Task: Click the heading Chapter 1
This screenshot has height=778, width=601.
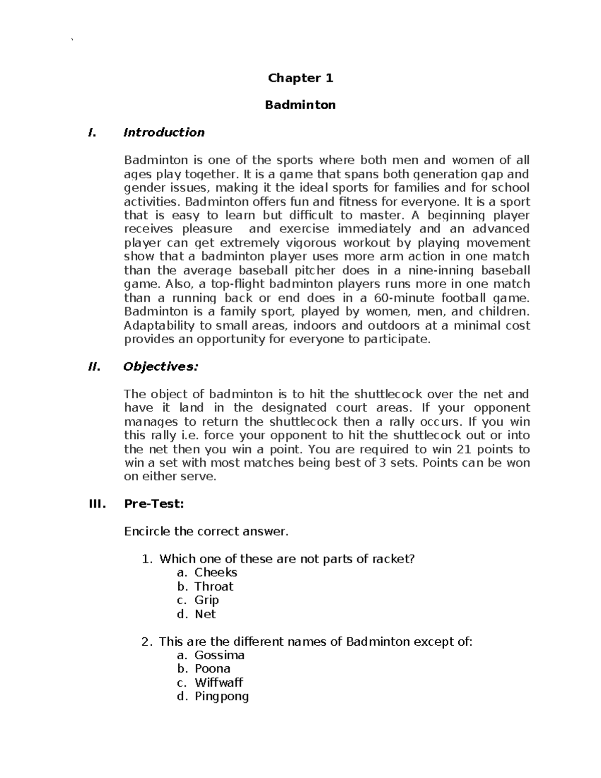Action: tap(300, 78)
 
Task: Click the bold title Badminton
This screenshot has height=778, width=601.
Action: tap(300, 105)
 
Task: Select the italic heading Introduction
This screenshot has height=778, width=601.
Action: tap(164, 133)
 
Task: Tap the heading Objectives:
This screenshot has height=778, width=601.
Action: tap(161, 367)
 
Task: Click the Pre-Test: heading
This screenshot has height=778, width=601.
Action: tap(154, 504)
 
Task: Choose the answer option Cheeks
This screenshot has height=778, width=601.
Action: tap(215, 573)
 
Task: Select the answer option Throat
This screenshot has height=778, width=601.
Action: tap(214, 587)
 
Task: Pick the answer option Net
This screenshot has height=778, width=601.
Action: tap(205, 614)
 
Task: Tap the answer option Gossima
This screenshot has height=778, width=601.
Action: tap(219, 655)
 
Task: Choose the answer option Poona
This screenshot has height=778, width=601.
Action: tap(212, 669)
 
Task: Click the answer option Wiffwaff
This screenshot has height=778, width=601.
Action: tap(219, 683)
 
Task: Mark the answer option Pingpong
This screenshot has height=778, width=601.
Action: tap(221, 696)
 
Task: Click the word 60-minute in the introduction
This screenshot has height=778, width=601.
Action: tap(403, 298)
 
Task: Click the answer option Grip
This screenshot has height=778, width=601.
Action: tap(206, 600)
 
